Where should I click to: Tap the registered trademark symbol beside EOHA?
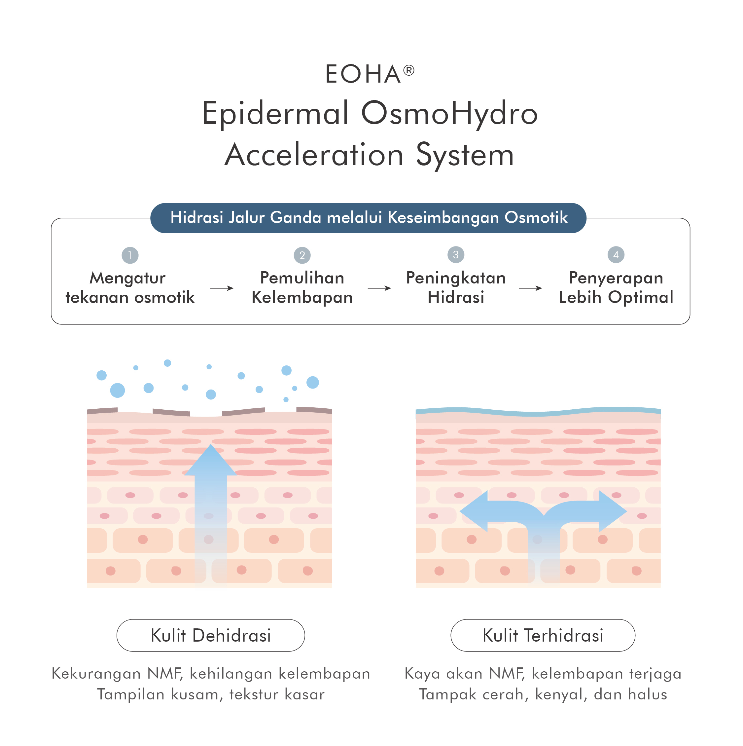point(409,70)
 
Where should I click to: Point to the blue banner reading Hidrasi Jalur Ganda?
point(368,218)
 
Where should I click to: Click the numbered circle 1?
point(130,255)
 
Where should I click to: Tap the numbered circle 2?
point(302,255)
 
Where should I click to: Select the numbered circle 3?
point(456,254)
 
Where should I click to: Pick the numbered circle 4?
point(616,254)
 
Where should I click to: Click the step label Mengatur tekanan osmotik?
point(130,288)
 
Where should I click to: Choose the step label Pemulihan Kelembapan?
point(302,288)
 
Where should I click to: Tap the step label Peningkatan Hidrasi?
point(456,288)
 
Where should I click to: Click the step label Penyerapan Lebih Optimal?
point(616,288)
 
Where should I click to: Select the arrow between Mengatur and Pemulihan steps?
point(222,288)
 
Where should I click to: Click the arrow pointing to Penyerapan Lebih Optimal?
point(530,288)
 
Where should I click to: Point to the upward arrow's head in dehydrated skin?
point(211,460)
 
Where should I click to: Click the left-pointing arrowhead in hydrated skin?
point(474,511)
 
